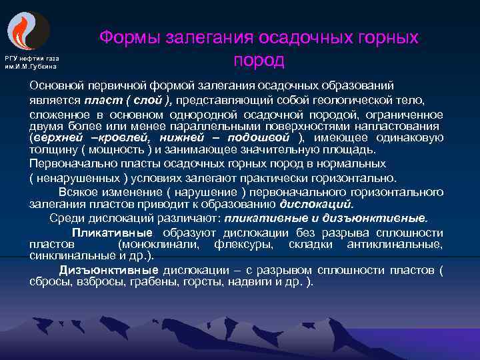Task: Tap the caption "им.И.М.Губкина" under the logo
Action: pos(31,67)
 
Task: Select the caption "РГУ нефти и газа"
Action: pos(32,59)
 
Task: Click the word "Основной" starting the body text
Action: pos(57,86)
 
